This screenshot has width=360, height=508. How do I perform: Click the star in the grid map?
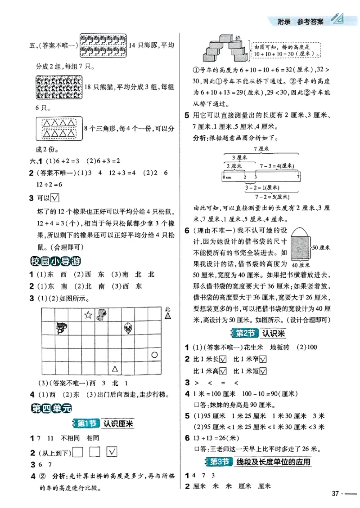pos(88,315)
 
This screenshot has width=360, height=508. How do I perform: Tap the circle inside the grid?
pos(154,355)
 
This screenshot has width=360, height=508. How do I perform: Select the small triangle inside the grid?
pos(115,369)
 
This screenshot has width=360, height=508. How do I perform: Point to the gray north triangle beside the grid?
pos(168,316)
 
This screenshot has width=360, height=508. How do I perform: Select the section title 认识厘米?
pos(119,423)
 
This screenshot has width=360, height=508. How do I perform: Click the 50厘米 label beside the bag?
pos(321,248)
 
